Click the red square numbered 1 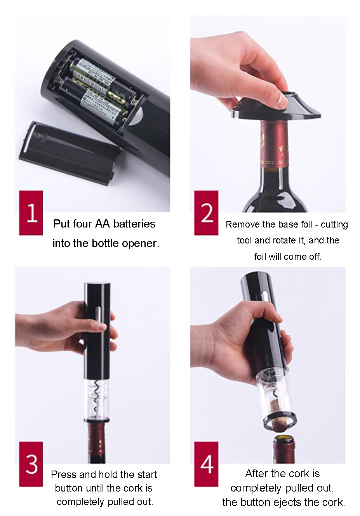(31, 213)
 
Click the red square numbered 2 (206, 213)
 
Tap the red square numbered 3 (31, 464)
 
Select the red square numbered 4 (206, 464)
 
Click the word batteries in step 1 (134, 224)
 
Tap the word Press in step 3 (64, 474)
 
